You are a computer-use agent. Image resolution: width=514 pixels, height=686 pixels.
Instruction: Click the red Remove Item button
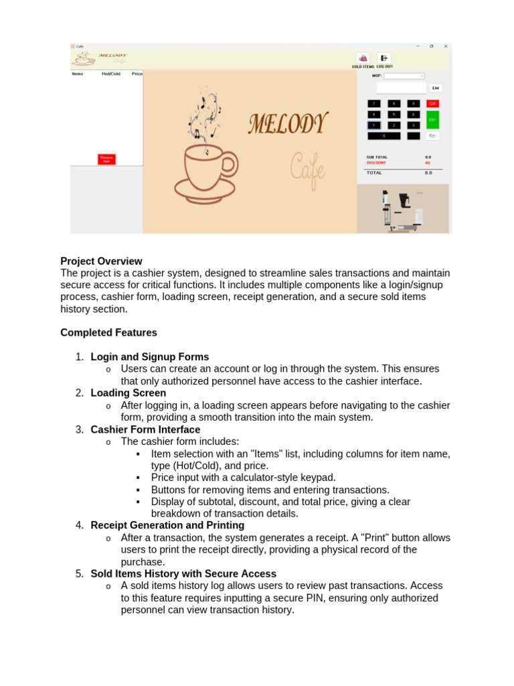click(x=106, y=159)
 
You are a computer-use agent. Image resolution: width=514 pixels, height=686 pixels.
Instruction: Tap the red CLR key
click(x=432, y=104)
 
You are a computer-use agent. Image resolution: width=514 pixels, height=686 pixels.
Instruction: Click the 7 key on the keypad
click(x=374, y=104)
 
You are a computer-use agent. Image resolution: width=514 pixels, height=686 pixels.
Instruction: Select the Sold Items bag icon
click(x=362, y=58)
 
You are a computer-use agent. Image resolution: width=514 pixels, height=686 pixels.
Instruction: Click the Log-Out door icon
click(x=384, y=58)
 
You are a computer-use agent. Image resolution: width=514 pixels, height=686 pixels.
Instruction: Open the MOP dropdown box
click(x=404, y=76)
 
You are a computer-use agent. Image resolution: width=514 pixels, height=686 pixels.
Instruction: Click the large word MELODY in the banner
click(x=288, y=124)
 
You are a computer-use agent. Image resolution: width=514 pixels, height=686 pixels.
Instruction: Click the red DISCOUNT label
click(x=377, y=163)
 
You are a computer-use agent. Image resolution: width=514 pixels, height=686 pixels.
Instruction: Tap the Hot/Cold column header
click(x=110, y=74)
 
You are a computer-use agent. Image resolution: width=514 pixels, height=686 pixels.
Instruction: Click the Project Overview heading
click(x=101, y=261)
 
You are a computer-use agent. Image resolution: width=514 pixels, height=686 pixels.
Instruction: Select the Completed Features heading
click(x=108, y=333)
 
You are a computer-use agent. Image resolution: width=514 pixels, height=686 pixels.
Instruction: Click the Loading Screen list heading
click(x=128, y=393)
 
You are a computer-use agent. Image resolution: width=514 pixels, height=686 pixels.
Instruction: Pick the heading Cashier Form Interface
click(x=145, y=429)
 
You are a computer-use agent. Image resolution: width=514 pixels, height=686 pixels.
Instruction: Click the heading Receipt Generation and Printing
click(x=167, y=525)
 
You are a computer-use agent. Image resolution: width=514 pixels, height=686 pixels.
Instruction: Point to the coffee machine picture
click(x=402, y=209)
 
